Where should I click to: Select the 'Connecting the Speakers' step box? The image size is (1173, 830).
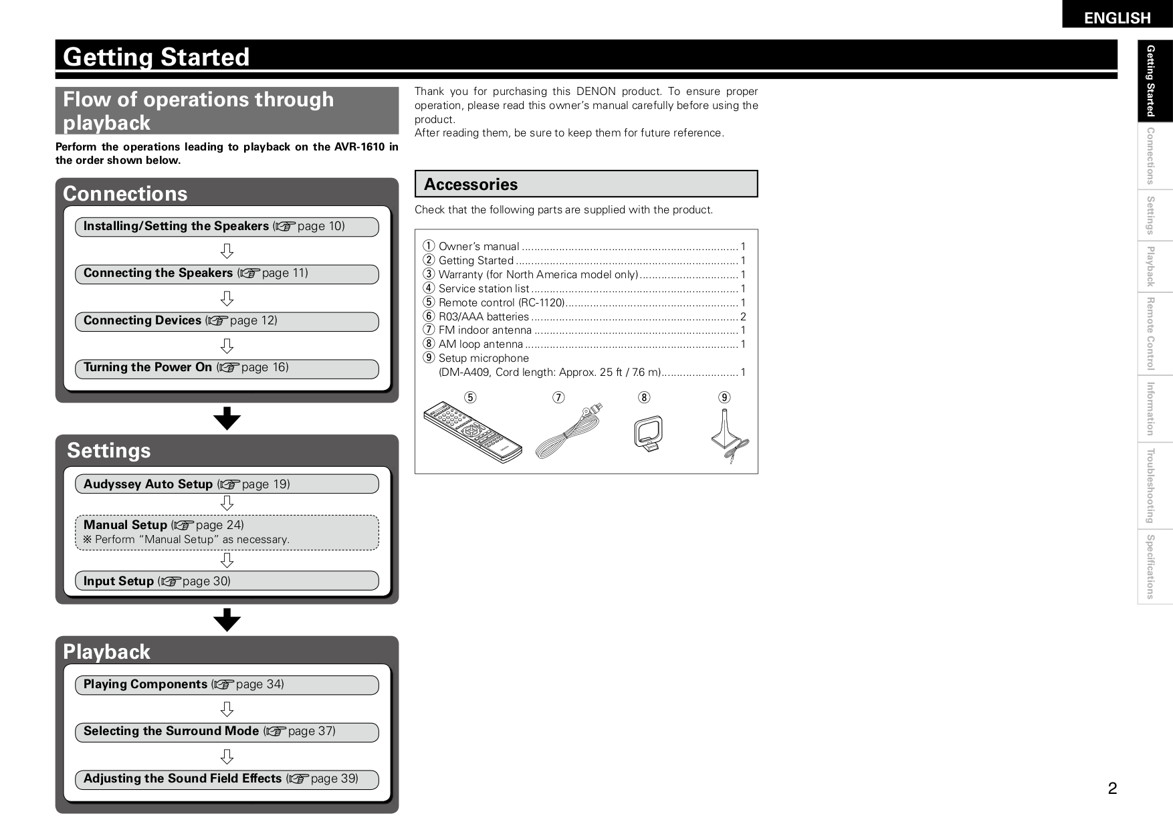pyautogui.click(x=227, y=274)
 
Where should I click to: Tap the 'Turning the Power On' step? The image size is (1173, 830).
pyautogui.click(x=227, y=368)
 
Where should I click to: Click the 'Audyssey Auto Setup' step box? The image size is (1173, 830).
pyautogui.click(x=227, y=484)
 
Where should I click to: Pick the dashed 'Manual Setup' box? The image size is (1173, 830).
pyautogui.click(x=227, y=532)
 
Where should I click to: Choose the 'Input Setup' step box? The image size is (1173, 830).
pyautogui.click(x=227, y=581)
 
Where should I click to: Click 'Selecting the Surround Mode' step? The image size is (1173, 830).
pyautogui.click(x=227, y=732)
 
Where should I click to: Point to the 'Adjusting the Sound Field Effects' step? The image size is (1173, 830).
pyautogui.click(x=227, y=779)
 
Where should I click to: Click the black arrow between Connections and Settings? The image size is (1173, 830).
pyautogui.click(x=227, y=418)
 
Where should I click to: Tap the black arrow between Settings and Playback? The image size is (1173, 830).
pyautogui.click(x=227, y=620)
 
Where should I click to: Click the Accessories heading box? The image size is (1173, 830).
pyautogui.click(x=586, y=184)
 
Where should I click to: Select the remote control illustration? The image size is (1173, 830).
pyautogui.click(x=472, y=432)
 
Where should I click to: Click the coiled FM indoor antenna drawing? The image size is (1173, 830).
pyautogui.click(x=568, y=433)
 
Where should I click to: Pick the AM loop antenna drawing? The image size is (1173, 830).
pyautogui.click(x=648, y=433)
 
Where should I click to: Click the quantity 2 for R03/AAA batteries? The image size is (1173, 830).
pyautogui.click(x=743, y=317)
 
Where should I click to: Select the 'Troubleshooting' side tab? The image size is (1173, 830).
pyautogui.click(x=1150, y=486)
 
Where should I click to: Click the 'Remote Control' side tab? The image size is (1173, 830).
pyautogui.click(x=1150, y=334)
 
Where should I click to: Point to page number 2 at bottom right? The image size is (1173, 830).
pyautogui.click(x=1112, y=789)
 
